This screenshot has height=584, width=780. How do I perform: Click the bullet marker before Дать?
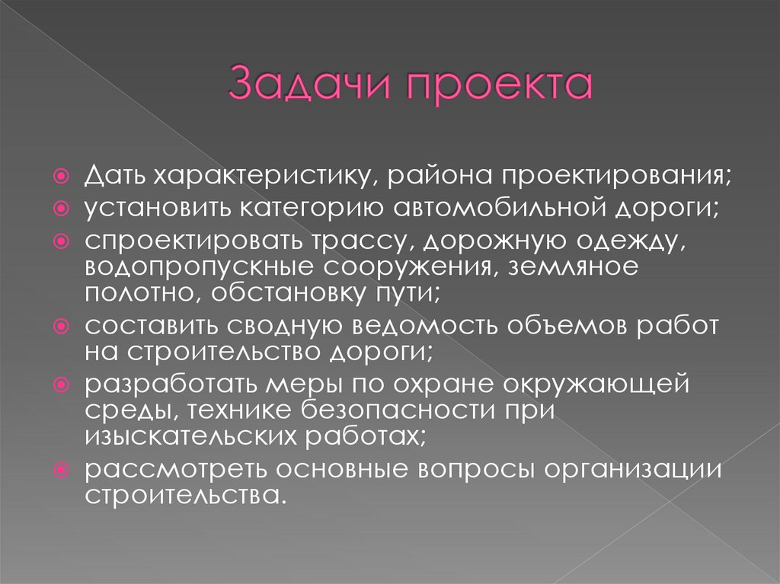click(x=65, y=177)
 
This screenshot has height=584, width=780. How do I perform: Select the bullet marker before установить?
click(x=65, y=209)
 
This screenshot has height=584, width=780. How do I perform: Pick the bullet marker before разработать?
click(x=65, y=384)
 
